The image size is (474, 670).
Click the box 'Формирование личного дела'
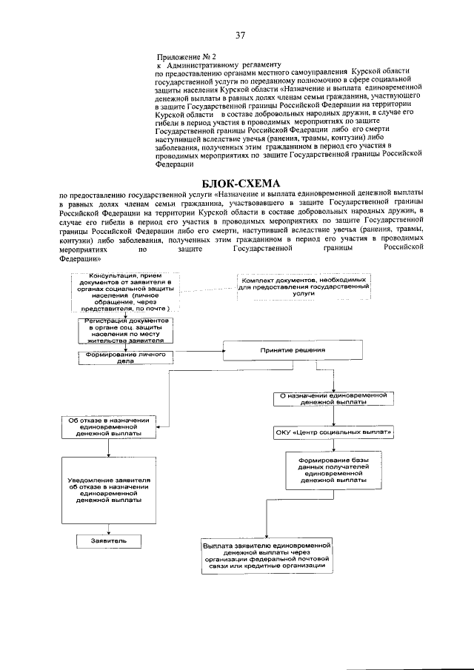click(124, 357)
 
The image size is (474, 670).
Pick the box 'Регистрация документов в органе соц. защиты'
click(124, 330)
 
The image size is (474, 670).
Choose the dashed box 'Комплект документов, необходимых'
click(304, 287)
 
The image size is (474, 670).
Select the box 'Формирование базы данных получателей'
click(333, 470)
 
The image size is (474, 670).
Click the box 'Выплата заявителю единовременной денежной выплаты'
click(266, 555)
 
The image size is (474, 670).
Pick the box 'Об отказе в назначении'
click(109, 428)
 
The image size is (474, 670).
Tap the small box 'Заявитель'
click(109, 541)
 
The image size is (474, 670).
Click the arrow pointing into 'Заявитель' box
click(109, 529)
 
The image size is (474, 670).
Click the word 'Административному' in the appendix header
click(201, 65)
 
